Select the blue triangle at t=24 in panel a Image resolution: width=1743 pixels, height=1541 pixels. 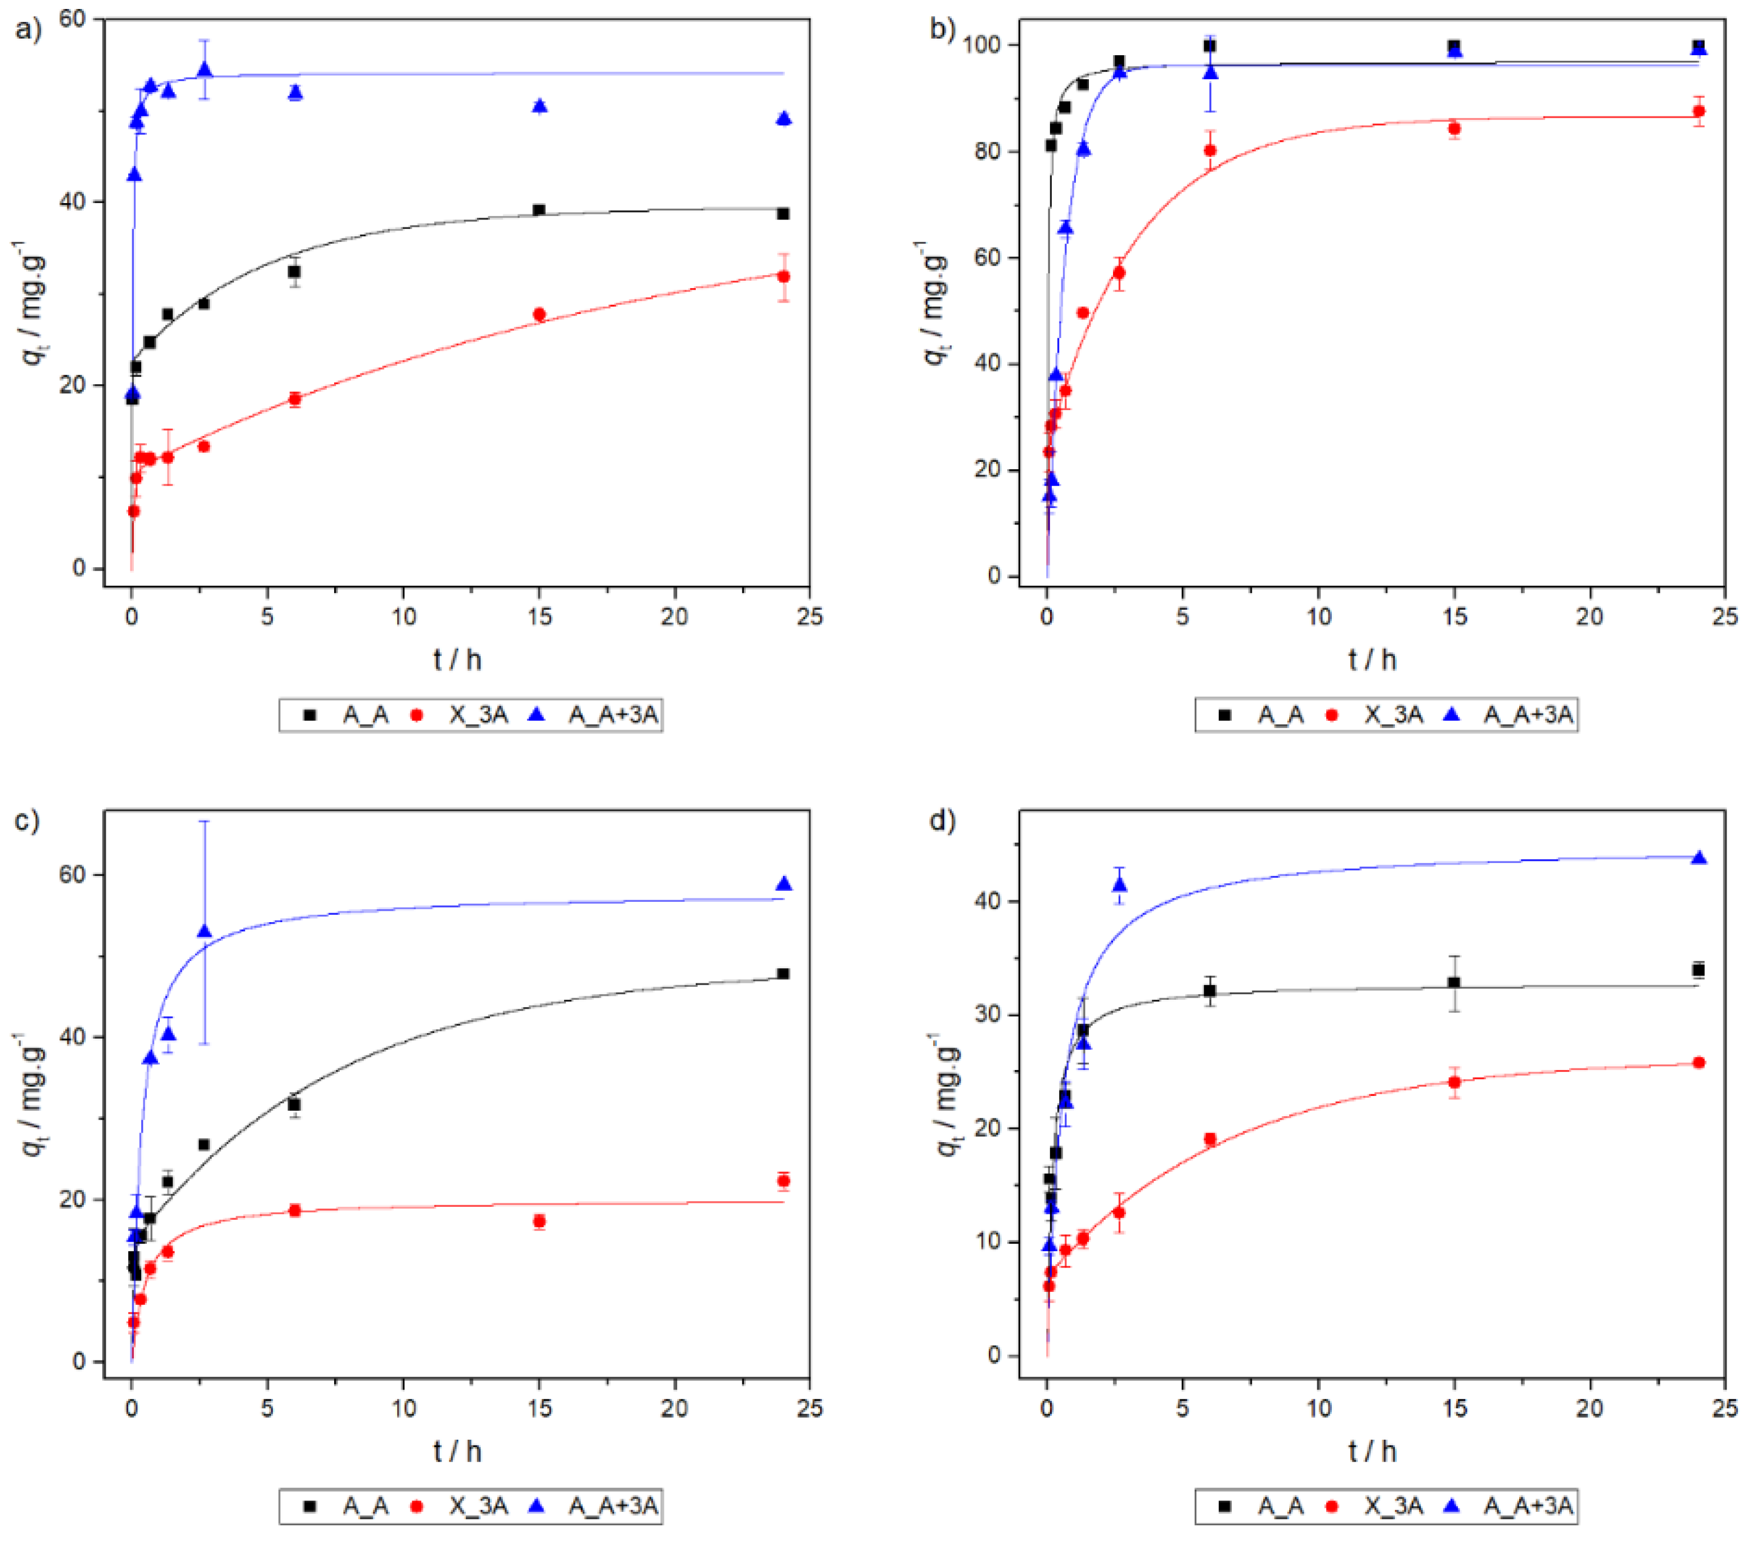coord(783,119)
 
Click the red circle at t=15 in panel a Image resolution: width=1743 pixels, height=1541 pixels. coord(539,315)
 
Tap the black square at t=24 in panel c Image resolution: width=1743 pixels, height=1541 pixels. coord(783,974)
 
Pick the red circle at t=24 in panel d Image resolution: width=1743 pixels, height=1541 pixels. coord(1698,1063)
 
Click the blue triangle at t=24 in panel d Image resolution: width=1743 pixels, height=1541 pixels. coord(1698,858)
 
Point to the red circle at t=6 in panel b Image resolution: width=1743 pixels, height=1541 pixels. coord(1209,151)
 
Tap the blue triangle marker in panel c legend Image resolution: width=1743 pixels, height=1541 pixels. coord(537,1506)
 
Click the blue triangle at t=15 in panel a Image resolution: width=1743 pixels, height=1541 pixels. coord(539,106)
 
